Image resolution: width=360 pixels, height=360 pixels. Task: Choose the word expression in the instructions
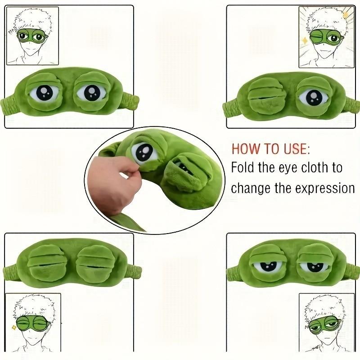tap(325, 188)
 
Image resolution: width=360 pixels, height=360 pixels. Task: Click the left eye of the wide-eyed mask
tap(45, 93)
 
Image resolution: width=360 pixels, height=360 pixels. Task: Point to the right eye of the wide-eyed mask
tap(91, 93)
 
